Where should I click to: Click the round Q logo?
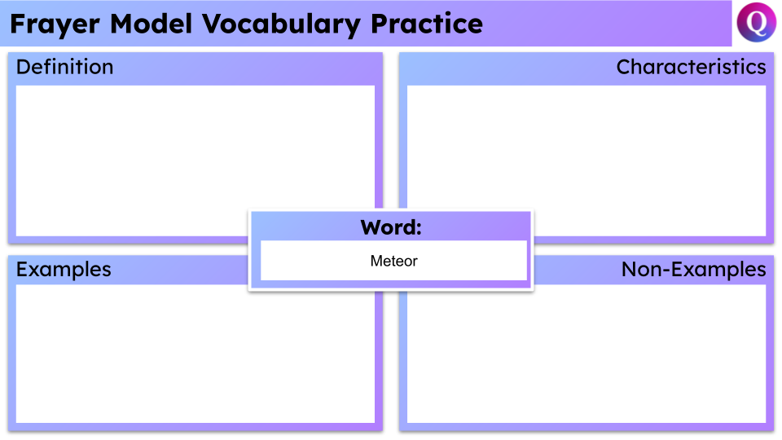757,23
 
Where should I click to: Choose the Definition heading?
65,67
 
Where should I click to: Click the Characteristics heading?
691,67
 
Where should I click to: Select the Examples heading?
64,269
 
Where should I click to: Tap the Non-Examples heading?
693,269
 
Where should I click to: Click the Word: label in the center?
391,227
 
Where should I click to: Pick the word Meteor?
393,261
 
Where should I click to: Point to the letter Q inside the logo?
757,24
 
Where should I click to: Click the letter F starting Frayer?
17,24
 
